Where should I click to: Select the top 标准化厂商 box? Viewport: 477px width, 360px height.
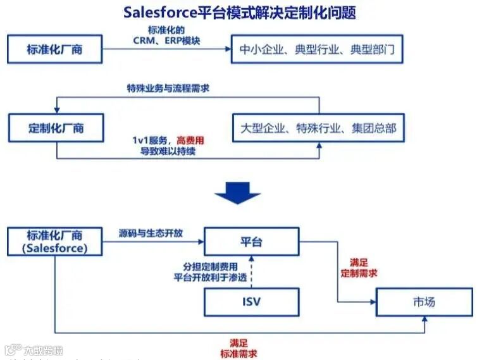[55, 49]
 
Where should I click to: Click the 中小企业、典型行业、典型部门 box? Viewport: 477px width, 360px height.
[316, 49]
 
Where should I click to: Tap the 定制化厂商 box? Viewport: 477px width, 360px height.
[55, 127]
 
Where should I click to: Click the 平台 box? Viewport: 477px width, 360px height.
[251, 241]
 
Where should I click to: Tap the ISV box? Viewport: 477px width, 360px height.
[251, 301]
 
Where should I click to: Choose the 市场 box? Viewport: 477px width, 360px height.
[423, 302]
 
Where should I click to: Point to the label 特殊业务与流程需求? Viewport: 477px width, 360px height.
[168, 88]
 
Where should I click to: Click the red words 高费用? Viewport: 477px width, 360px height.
[190, 139]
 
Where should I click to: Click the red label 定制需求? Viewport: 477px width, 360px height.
[359, 273]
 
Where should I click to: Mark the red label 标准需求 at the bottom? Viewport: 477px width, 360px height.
[238, 353]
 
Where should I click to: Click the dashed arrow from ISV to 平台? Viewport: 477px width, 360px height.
[251, 271]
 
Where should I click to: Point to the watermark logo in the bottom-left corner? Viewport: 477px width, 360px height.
[13, 349]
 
